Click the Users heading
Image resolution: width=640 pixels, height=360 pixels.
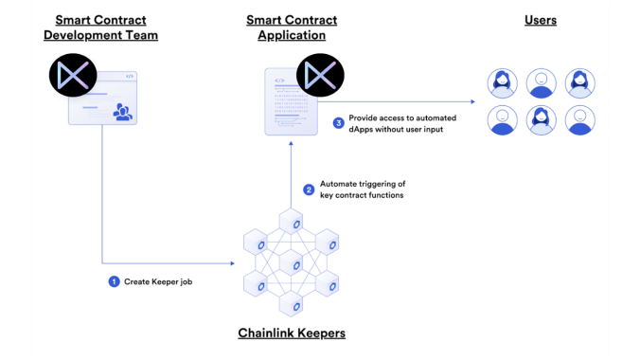click(x=541, y=20)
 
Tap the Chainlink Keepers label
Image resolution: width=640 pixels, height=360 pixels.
click(x=292, y=333)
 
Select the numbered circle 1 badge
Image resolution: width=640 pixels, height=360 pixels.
click(x=114, y=281)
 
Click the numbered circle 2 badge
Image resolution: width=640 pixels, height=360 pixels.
click(x=309, y=189)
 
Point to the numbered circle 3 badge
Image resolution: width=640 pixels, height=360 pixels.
click(x=338, y=123)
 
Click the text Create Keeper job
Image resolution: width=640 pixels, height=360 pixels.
click(x=158, y=281)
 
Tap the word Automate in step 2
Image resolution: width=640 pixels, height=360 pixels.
click(x=336, y=184)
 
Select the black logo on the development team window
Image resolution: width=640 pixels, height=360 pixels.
click(x=73, y=75)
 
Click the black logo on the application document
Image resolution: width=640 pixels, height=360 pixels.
click(x=320, y=75)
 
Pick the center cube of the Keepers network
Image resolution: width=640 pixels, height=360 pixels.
click(x=291, y=262)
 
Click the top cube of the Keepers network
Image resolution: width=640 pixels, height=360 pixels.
click(x=291, y=221)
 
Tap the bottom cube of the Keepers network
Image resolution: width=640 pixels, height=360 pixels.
click(x=291, y=303)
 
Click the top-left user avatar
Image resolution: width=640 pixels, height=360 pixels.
click(x=503, y=83)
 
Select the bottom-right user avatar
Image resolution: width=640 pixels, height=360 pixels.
click(x=580, y=120)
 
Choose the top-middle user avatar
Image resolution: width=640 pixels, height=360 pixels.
click(x=542, y=83)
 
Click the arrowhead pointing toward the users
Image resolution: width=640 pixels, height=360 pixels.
click(x=473, y=101)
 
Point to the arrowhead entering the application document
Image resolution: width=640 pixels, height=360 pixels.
click(x=291, y=143)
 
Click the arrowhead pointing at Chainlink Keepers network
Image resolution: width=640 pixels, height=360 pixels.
click(x=233, y=263)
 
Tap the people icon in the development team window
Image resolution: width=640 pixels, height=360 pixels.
click(x=122, y=112)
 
